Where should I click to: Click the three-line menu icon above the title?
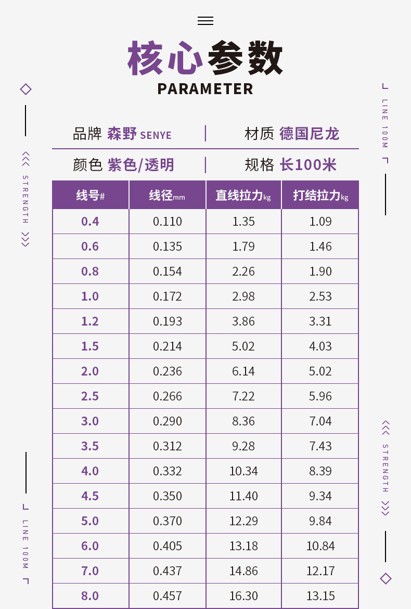[x=205, y=21]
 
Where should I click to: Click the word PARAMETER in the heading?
[x=205, y=89]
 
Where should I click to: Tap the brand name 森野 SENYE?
[x=139, y=134]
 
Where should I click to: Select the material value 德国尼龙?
[x=309, y=134]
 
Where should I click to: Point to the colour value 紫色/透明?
[x=140, y=165]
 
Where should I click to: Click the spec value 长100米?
[x=308, y=165]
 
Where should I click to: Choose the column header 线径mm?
[x=167, y=196]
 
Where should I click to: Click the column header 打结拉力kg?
[x=320, y=196]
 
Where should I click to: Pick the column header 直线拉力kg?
[x=243, y=196]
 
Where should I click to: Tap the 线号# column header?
[x=91, y=196]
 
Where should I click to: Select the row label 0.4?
[x=90, y=222]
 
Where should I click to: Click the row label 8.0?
[x=90, y=596]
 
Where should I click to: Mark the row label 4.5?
[x=90, y=496]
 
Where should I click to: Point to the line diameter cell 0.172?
[x=168, y=296]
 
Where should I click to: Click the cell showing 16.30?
[x=243, y=596]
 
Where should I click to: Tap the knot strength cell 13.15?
[x=320, y=596]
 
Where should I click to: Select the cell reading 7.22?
[x=243, y=396]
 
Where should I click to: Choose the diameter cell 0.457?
[x=168, y=596]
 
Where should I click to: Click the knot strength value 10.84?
[x=320, y=546]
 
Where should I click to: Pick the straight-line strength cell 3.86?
[x=243, y=321]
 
